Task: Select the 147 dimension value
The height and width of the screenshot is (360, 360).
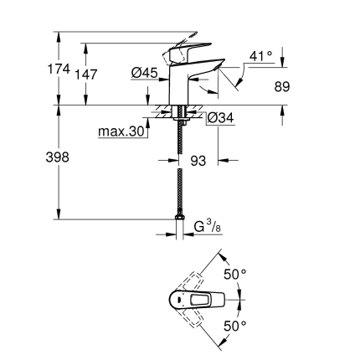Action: point(86,74)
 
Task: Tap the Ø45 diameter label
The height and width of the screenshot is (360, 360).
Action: point(146,75)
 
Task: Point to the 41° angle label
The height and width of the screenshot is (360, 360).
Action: point(261,57)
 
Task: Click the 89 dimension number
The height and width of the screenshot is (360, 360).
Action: point(282,85)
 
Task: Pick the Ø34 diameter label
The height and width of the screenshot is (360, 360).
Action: point(220,119)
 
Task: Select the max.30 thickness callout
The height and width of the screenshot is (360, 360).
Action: point(122,132)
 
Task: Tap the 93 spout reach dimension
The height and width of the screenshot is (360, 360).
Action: point(198,159)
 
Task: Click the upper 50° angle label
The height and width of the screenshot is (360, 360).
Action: point(235,274)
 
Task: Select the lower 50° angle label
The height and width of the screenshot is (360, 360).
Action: point(235,327)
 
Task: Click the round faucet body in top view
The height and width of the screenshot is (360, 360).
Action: point(178,300)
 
